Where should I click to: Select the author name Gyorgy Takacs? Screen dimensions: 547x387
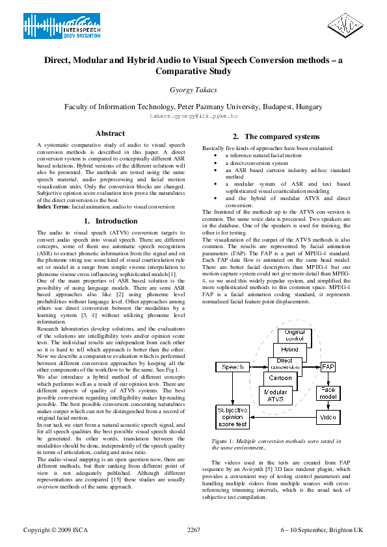[x=193, y=92]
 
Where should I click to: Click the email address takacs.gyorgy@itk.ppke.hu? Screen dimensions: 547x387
[x=193, y=115]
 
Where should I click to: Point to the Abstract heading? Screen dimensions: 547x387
[x=110, y=133]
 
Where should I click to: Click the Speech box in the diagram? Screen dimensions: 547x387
[x=232, y=367]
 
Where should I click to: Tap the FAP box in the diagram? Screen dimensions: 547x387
[x=328, y=367]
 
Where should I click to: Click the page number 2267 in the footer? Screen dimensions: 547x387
[x=193, y=529]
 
